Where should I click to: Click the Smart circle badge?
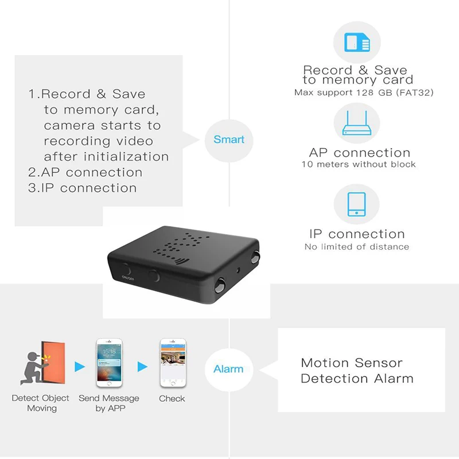coord(228,139)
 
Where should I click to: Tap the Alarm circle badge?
coord(228,369)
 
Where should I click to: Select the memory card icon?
coord(356,43)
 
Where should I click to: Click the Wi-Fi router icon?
coord(356,123)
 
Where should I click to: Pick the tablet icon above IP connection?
coord(356,204)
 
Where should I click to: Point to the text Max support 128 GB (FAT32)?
coord(356,92)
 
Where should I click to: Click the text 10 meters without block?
coord(359,165)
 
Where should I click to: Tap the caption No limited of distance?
coord(357,247)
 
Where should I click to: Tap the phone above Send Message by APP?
coord(109,363)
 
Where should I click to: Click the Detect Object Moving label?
coord(41,403)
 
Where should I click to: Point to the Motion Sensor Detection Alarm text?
coord(357,371)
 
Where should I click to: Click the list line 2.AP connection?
coord(85,172)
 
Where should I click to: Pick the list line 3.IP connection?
coord(83,188)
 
